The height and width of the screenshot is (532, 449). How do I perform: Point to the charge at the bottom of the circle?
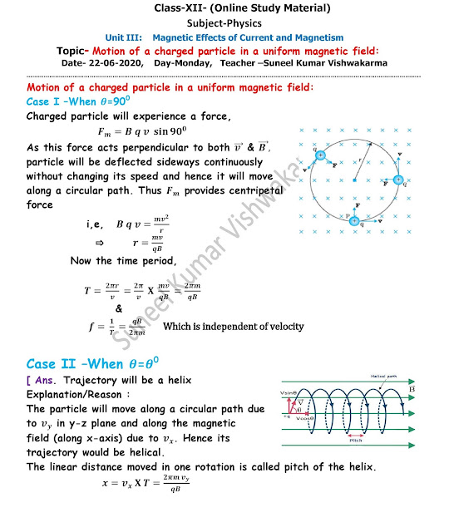pyautogui.click(x=355, y=220)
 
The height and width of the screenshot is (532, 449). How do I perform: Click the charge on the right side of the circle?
pyautogui.click(x=398, y=180)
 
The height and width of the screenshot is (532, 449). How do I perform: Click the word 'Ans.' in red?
pyautogui.click(x=46, y=380)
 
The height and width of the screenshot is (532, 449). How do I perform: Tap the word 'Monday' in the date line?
pyautogui.click(x=190, y=62)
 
